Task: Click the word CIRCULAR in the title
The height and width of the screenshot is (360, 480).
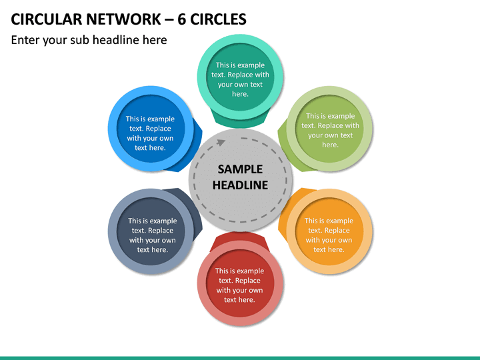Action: click(x=47, y=19)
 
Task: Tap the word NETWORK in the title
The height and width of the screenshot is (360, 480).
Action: click(x=123, y=19)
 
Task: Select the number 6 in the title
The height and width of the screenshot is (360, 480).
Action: click(x=181, y=19)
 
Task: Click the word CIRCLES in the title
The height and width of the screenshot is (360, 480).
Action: click(x=218, y=19)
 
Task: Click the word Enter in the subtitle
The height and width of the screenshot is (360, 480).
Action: click(x=25, y=40)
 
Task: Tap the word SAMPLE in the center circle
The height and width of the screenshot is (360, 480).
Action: click(x=240, y=169)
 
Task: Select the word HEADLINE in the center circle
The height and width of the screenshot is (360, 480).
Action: click(x=240, y=185)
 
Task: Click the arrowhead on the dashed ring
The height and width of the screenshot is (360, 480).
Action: click(x=221, y=143)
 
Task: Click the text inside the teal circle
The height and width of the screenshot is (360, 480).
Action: click(x=240, y=79)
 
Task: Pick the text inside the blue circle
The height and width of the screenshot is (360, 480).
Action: click(x=150, y=133)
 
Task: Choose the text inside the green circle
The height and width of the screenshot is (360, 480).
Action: click(x=330, y=130)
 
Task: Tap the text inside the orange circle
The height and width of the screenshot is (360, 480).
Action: click(x=329, y=235)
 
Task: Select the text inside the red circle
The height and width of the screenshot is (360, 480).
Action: click(x=240, y=285)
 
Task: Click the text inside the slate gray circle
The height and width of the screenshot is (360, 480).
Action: click(x=153, y=235)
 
